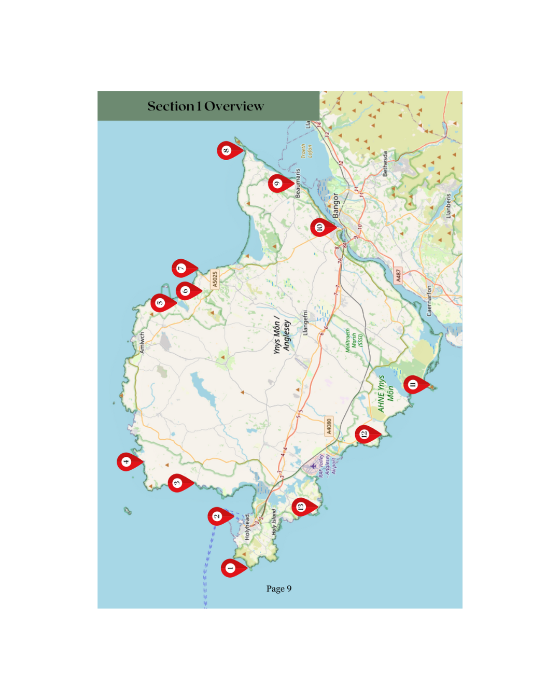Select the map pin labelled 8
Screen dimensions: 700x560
pos(227,150)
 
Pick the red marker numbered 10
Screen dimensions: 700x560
pos(320,227)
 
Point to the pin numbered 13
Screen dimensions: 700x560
pos(301,507)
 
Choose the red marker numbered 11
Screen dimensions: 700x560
pos(413,384)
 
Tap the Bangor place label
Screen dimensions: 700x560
pos(335,205)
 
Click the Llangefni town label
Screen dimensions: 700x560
pos(305,323)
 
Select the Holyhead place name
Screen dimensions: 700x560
pos(247,527)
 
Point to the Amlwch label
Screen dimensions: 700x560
pos(142,343)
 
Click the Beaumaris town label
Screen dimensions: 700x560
pos(298,183)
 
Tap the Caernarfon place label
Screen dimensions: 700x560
pos(429,301)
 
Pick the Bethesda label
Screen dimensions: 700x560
pos(385,164)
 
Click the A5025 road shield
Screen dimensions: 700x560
pos(215,279)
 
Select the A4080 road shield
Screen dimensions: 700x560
pos(329,426)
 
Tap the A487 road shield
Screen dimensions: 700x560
pos(398,275)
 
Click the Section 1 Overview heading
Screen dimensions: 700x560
pos(206,106)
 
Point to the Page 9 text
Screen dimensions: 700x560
pos(279,589)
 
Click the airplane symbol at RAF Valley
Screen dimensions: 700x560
pos(313,466)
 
